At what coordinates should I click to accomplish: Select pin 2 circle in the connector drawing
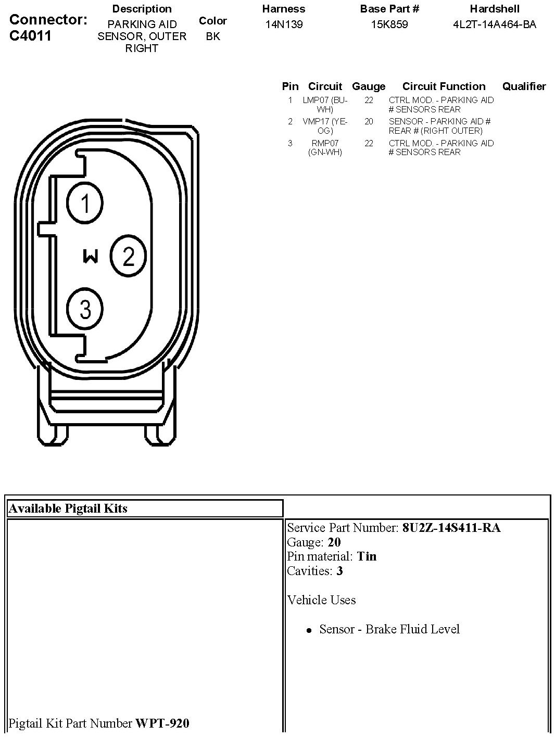click(x=129, y=256)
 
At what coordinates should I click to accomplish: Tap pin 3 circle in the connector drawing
click(x=85, y=309)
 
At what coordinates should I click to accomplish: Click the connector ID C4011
click(x=30, y=36)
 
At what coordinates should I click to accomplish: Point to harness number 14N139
click(x=284, y=24)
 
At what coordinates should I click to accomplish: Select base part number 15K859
click(x=389, y=24)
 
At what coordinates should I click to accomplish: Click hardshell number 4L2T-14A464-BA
click(x=494, y=24)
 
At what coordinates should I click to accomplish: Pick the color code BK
click(x=212, y=36)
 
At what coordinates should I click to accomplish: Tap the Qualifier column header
click(x=524, y=86)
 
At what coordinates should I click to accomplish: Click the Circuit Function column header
click(x=444, y=86)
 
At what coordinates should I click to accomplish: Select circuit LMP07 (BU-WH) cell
click(x=325, y=105)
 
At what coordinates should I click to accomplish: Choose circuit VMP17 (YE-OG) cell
click(x=325, y=126)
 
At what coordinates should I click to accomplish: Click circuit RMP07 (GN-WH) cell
click(x=325, y=148)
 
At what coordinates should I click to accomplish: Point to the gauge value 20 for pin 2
click(x=369, y=122)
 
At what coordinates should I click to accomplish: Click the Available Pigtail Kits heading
click(x=68, y=508)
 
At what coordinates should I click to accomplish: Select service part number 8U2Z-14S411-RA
click(x=451, y=528)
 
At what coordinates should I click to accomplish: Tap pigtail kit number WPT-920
click(x=162, y=723)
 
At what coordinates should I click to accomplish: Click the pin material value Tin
click(x=367, y=556)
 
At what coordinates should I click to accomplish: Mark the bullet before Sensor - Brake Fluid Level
click(x=309, y=630)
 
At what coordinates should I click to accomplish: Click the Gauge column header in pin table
click(x=369, y=86)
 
